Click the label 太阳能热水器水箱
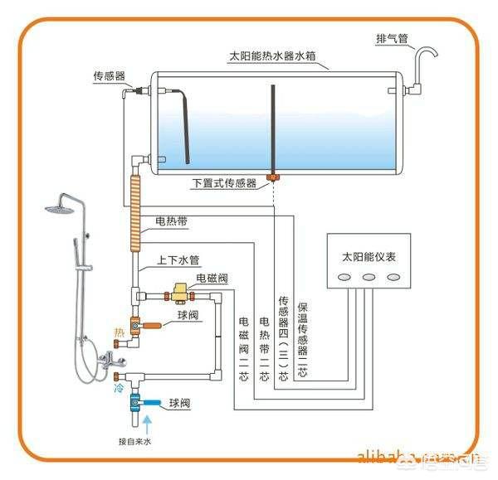[277, 59]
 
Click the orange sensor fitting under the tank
[271, 177]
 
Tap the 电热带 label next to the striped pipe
[170, 222]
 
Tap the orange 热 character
[118, 334]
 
